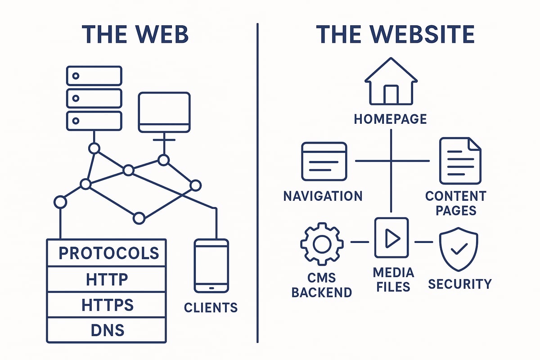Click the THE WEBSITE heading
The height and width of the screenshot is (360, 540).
click(x=395, y=35)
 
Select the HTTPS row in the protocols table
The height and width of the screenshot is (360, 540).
click(x=107, y=305)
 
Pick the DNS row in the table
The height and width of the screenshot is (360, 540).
click(x=107, y=331)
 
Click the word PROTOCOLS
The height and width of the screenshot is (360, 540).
click(x=108, y=253)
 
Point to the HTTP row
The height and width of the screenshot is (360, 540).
click(x=107, y=279)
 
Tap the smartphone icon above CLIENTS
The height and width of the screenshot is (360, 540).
click(x=211, y=266)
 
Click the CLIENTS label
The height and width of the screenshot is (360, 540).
click(x=211, y=308)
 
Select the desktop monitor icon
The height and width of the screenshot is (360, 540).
click(x=164, y=112)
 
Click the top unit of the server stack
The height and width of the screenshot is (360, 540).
click(x=94, y=76)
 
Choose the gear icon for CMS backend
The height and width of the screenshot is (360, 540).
click(x=322, y=243)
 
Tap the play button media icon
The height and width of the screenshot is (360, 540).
click(x=391, y=238)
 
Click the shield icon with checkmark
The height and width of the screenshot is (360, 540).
click(x=458, y=248)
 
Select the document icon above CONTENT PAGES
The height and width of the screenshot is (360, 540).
click(x=459, y=161)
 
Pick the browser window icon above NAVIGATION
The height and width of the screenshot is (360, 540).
click(x=324, y=161)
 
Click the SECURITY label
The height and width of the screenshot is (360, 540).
click(x=459, y=284)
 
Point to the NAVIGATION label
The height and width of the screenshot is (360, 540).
click(x=323, y=196)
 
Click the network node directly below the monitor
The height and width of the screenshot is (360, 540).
click(x=164, y=160)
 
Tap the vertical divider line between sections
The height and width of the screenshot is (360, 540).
click(x=257, y=180)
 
